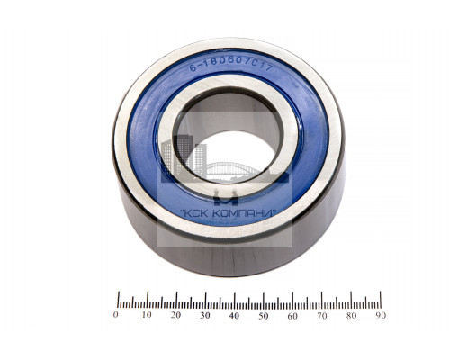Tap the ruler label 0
(x=115, y=314)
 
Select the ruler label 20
(x=175, y=314)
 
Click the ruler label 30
(x=204, y=314)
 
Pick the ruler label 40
(x=234, y=314)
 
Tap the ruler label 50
(x=264, y=314)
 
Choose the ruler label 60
(x=292, y=314)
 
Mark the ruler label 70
(x=322, y=314)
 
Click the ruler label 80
(x=352, y=314)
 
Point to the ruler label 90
(x=381, y=314)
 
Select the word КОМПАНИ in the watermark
(x=247, y=213)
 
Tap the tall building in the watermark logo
(x=185, y=157)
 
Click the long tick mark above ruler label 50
(x=264, y=298)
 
